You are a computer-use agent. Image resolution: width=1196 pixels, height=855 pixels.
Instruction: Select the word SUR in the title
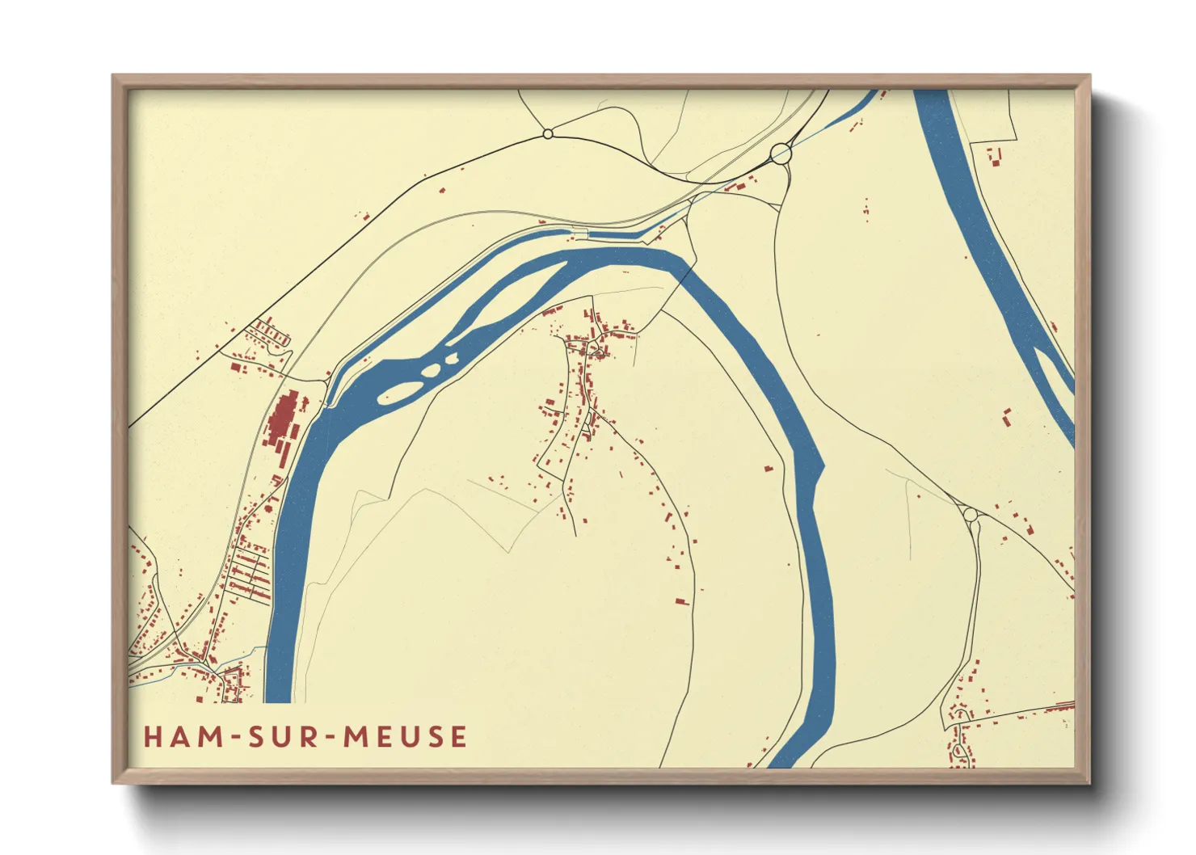288,737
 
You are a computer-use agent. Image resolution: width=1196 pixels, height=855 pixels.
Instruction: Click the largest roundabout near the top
781,153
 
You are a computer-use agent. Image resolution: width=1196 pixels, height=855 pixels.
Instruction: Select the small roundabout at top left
548,133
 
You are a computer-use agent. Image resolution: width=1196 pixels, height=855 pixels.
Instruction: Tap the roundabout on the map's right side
970,514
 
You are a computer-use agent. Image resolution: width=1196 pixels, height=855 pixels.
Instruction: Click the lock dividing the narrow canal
580,234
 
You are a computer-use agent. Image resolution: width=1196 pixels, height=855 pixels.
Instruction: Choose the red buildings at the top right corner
994,156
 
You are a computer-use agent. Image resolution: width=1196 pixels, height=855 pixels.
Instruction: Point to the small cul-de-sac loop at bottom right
960,752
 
